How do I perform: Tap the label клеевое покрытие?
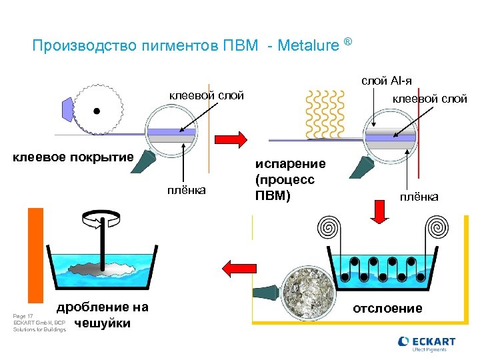point(74,157)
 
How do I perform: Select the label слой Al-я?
point(386,81)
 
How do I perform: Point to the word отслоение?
point(387,308)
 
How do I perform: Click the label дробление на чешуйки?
point(103,315)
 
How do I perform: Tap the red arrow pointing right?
point(229,139)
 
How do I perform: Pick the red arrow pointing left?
point(234,268)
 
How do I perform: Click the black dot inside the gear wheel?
point(97,111)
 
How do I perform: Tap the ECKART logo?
point(427,343)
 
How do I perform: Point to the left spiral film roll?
point(329,226)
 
